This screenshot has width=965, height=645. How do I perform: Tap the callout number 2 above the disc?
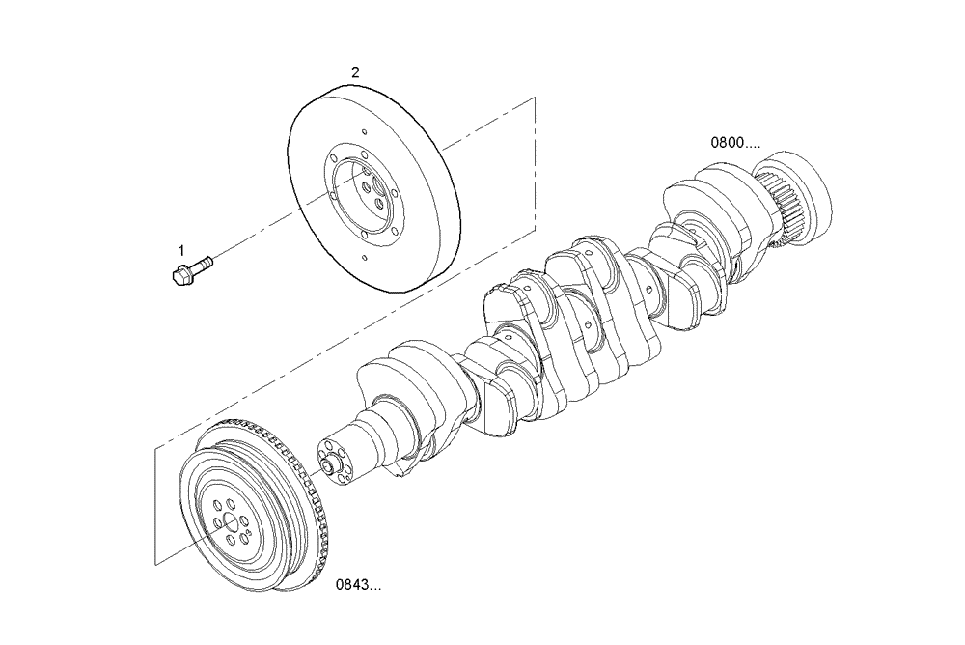click(355, 72)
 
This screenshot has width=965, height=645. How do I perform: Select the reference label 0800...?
click(734, 142)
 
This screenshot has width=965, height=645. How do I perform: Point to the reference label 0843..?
click(357, 585)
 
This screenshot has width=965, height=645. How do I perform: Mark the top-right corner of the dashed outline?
click(534, 98)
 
